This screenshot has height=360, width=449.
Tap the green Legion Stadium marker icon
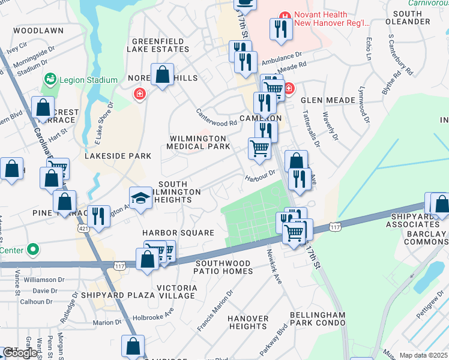[x=50, y=79]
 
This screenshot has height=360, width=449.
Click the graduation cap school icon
[x=140, y=199]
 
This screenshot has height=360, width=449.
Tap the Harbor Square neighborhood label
[x=178, y=233]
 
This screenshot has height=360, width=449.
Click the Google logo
[x=20, y=353]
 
